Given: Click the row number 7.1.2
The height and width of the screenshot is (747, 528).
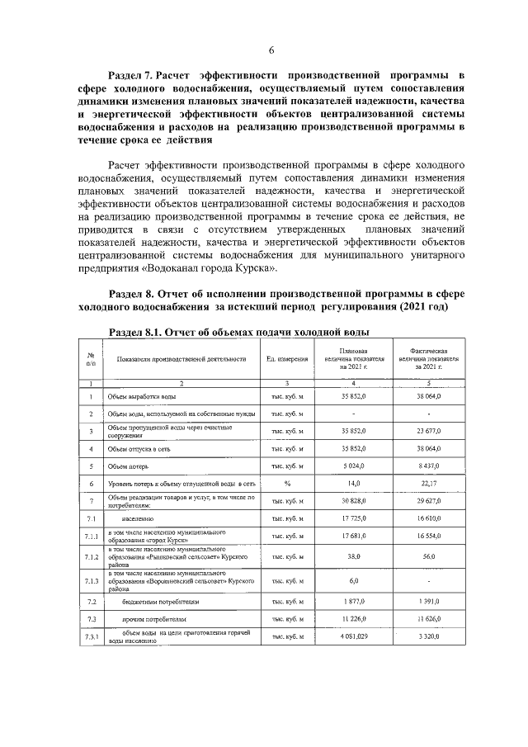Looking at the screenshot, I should point(89,557).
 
